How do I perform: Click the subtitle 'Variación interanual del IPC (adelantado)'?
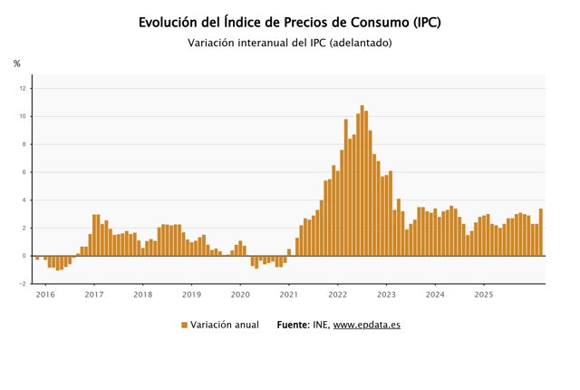[x=290, y=43]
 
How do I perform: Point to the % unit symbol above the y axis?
[x=16, y=63]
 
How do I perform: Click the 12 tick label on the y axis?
[x=23, y=89]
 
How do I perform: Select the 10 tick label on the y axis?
[x=23, y=116]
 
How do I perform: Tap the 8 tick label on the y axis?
[x=24, y=144]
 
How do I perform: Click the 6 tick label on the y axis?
[x=24, y=172]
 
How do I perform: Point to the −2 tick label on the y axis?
[x=22, y=284]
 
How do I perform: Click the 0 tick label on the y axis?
[x=24, y=256]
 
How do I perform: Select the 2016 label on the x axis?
[x=45, y=295]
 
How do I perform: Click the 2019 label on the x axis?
[x=191, y=295]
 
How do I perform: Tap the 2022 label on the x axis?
[x=337, y=295]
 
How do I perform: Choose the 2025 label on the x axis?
[x=484, y=295]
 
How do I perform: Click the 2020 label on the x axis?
[x=240, y=295]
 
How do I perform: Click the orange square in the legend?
[x=184, y=325]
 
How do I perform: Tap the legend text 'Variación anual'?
[x=225, y=325]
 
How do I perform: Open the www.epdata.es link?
[x=367, y=325]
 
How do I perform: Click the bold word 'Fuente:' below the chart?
[x=295, y=325]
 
